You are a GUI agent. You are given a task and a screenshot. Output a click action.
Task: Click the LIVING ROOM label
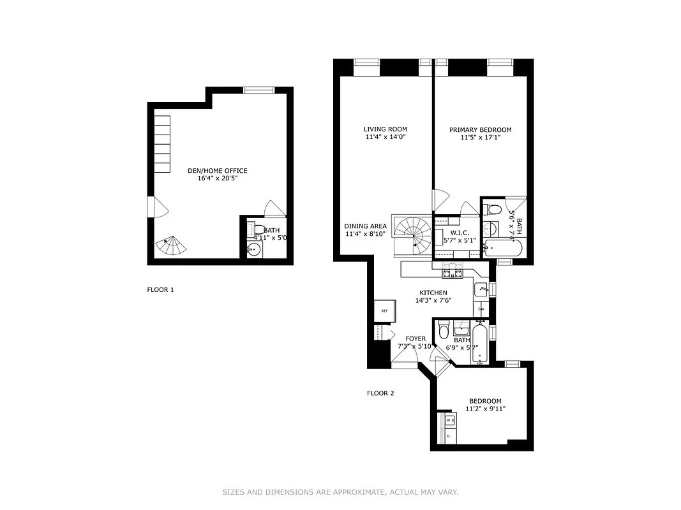click(385, 129)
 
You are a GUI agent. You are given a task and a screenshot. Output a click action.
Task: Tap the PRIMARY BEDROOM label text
click(480, 130)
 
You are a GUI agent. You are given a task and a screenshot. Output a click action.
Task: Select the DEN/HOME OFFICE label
click(217, 171)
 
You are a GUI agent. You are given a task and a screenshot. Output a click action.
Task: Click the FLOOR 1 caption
click(160, 289)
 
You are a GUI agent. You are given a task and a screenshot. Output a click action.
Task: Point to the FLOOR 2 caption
click(380, 393)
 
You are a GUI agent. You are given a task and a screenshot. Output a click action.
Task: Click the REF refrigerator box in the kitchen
click(385, 310)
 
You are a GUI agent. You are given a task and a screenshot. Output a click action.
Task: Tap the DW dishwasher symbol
click(481, 309)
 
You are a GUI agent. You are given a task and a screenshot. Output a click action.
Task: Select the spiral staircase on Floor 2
click(412, 234)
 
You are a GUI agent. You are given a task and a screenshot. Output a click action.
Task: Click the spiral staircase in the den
click(171, 245)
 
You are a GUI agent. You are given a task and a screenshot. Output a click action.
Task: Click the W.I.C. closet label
click(460, 232)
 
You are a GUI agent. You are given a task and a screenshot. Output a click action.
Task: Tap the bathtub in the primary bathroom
click(504, 248)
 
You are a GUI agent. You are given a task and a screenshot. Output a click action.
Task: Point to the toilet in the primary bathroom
click(493, 209)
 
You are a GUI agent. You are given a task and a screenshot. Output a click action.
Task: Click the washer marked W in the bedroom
click(449, 420)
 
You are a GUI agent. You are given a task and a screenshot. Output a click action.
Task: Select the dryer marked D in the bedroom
click(449, 435)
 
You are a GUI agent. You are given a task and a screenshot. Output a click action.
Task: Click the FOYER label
click(415, 339)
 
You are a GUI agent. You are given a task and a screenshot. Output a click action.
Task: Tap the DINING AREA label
click(365, 226)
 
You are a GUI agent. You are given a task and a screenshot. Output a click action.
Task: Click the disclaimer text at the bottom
click(340, 492)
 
